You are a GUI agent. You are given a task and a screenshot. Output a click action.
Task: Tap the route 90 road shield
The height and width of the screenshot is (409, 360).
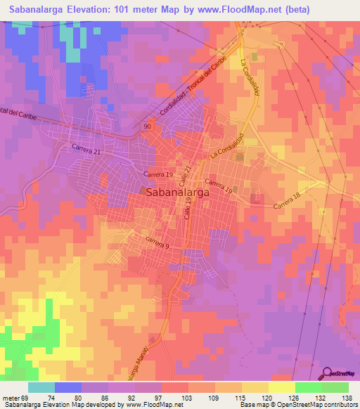point(146,125)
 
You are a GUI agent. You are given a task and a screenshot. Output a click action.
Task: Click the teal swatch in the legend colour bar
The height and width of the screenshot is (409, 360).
point(41,387)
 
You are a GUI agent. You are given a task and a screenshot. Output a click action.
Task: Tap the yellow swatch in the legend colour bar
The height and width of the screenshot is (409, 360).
point(281,387)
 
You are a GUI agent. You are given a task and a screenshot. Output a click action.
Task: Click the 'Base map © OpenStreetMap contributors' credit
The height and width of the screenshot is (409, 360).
point(298,405)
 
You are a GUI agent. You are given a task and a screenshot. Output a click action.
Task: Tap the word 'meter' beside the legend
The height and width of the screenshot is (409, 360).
point(13,397)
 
